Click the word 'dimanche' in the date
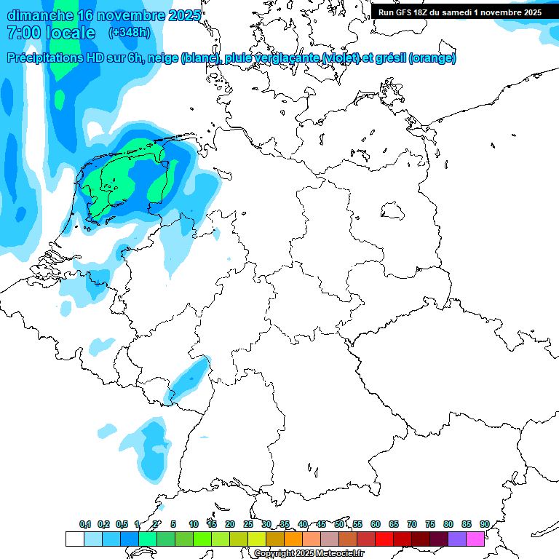39,15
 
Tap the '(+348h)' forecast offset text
130,33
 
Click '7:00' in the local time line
23,33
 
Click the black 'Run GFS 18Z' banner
459,12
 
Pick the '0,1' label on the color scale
85,524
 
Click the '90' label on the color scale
484,524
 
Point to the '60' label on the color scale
375,524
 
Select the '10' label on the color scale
193,524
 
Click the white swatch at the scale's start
74,539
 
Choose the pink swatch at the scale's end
475,539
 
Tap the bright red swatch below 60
384,539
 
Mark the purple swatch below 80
456,539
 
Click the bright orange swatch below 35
293,539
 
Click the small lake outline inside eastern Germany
394,211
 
